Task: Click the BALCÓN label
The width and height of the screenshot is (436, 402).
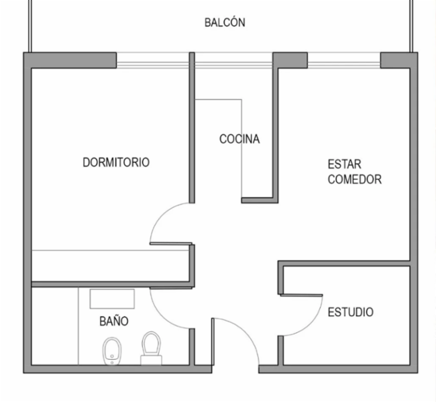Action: tap(225, 22)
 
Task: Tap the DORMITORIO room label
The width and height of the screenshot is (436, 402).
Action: tap(116, 162)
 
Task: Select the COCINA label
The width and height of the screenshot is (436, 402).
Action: tap(239, 139)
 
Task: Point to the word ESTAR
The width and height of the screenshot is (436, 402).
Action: tap(345, 164)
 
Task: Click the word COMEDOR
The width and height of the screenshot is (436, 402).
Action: tap(355, 179)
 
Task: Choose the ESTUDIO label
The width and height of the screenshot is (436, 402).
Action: tap(351, 312)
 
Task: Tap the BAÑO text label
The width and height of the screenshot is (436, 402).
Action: tap(114, 321)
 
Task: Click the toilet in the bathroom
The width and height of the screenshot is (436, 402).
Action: tap(152, 348)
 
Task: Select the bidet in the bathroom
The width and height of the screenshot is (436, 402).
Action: tap(112, 351)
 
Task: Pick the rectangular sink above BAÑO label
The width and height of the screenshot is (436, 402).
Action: tap(112, 299)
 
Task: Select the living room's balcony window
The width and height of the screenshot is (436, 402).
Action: tap(343, 60)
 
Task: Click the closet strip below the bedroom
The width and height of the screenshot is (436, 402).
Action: tap(111, 266)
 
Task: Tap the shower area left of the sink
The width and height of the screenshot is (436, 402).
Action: tap(55, 326)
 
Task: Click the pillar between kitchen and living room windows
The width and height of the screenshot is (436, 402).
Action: tap(290, 60)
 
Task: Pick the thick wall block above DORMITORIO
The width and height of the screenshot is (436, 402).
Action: tap(70, 60)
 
